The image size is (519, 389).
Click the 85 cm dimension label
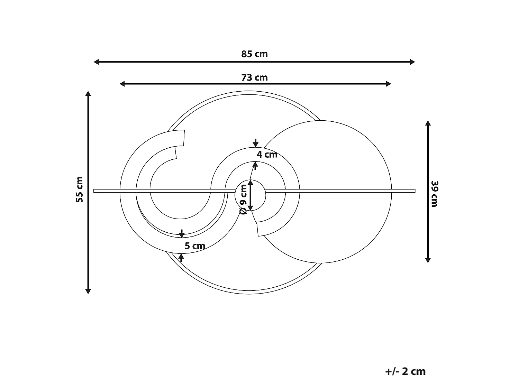click(254, 54)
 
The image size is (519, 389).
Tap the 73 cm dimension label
click(254, 77)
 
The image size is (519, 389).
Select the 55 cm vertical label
click(80, 189)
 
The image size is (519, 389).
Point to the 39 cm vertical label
click(435, 194)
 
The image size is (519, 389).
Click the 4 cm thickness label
click(267, 155)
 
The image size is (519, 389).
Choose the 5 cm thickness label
click(195, 246)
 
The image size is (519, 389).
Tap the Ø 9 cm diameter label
click(243, 199)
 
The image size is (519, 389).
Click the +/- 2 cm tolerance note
click(405, 371)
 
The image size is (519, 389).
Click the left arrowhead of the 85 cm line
click(96, 62)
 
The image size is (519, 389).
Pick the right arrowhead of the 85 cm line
click(412, 62)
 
